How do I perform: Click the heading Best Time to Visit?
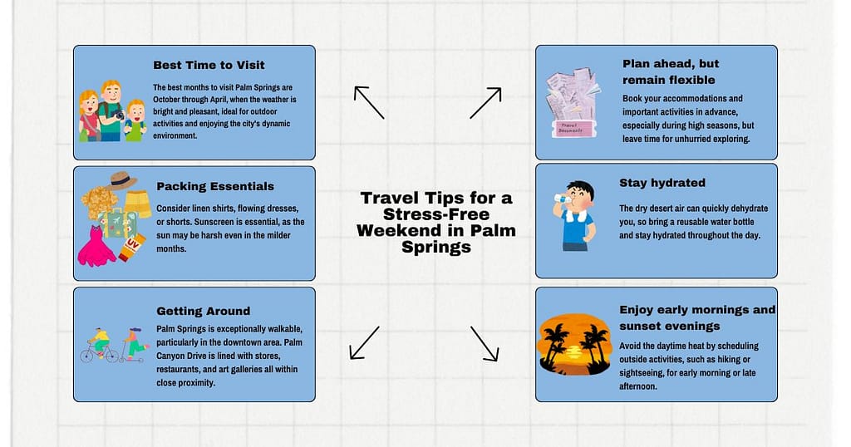click(x=208, y=65)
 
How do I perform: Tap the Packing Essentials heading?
click(x=214, y=186)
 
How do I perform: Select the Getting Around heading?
click(x=203, y=311)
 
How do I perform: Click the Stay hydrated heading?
click(x=662, y=183)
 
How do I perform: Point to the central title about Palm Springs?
click(x=436, y=223)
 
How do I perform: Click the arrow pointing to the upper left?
click(x=368, y=102)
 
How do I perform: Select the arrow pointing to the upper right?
click(x=485, y=102)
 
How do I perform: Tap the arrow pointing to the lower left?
click(x=364, y=342)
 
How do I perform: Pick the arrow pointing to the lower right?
click(x=485, y=343)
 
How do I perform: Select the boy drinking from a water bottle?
click(x=574, y=214)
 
